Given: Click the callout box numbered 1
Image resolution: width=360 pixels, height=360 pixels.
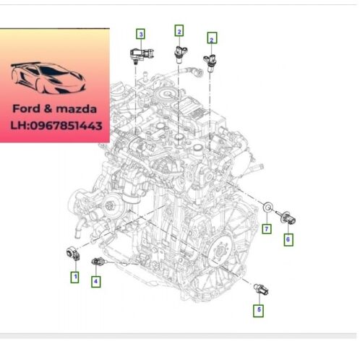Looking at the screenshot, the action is pyautogui.click(x=75, y=277).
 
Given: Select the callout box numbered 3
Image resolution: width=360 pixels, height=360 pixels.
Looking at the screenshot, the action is pyautogui.click(x=141, y=34).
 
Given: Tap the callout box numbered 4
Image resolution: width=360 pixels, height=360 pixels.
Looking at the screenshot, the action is pyautogui.click(x=96, y=281).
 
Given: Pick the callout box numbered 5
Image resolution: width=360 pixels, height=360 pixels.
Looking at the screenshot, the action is pyautogui.click(x=259, y=310).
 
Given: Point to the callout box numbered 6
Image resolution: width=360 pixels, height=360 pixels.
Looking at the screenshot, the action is pyautogui.click(x=288, y=240).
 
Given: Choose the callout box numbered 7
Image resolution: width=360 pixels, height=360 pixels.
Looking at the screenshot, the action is pyautogui.click(x=267, y=228).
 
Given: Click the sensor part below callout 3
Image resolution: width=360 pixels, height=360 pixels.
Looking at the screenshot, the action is pyautogui.click(x=142, y=55).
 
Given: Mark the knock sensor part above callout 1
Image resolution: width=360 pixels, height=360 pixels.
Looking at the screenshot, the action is pyautogui.click(x=73, y=254).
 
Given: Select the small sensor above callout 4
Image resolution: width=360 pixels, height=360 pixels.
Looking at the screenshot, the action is pyautogui.click(x=98, y=262).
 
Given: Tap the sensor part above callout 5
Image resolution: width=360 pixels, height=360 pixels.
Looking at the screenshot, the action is pyautogui.click(x=261, y=289).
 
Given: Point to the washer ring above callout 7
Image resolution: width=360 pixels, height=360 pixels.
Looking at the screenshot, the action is pyautogui.click(x=267, y=207).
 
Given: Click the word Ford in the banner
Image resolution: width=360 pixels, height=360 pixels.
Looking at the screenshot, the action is pyautogui.click(x=26, y=108).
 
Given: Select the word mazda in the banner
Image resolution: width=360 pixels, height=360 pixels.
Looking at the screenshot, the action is pyautogui.click(x=76, y=109).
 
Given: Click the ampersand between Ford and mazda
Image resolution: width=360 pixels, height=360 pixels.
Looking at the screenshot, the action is pyautogui.click(x=48, y=108).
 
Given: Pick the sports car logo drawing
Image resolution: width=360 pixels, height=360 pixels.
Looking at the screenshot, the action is pyautogui.click(x=48, y=78).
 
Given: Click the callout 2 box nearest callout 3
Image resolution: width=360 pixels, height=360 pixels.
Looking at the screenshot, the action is pyautogui.click(x=179, y=31).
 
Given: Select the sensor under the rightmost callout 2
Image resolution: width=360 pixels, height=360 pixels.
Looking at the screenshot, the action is pyautogui.click(x=210, y=63).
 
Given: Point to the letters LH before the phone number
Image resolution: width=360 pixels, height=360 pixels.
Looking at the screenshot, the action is pyautogui.click(x=19, y=126).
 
